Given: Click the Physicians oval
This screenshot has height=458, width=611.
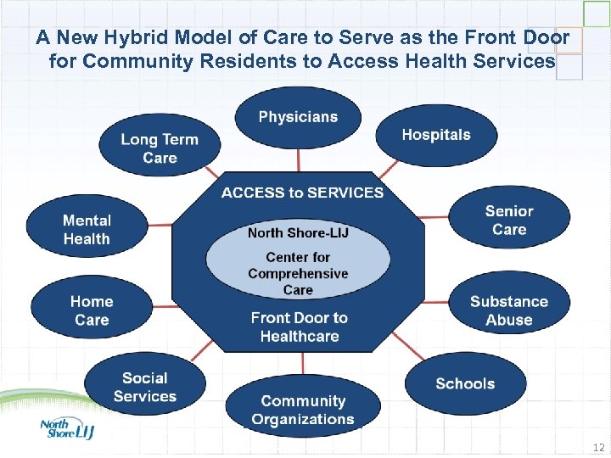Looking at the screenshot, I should (x=298, y=118).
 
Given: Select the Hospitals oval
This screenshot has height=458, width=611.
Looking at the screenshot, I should (x=435, y=135).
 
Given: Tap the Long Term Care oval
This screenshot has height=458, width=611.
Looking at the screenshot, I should (x=160, y=148).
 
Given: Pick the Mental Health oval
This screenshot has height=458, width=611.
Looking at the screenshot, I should (x=87, y=230).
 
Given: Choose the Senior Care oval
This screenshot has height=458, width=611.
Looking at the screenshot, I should (x=509, y=221).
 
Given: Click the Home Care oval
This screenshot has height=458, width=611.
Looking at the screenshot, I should (x=92, y=310).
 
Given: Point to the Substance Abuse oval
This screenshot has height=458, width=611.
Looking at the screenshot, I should (x=509, y=310).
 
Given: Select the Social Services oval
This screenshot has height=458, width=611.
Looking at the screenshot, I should (x=144, y=388).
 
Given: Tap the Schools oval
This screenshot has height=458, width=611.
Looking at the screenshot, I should (x=464, y=383).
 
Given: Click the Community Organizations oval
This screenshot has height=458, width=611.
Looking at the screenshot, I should (x=302, y=410).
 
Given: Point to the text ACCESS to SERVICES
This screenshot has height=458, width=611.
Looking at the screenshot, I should (x=302, y=193).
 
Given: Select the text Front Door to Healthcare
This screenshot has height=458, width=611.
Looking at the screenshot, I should (x=299, y=327).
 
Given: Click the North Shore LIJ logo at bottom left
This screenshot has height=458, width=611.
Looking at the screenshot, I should (x=66, y=429).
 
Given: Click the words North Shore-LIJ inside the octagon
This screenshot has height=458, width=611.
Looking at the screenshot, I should (x=298, y=232).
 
